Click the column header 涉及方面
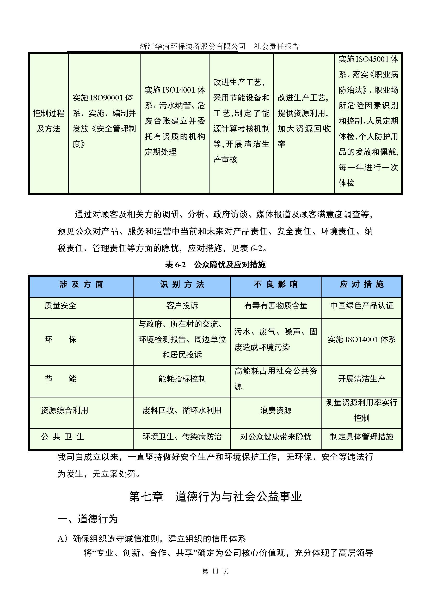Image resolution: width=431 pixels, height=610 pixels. coord(81,284)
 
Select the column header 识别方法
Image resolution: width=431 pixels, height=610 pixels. coord(182,284)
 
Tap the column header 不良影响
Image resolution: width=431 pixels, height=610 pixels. coord(276,284)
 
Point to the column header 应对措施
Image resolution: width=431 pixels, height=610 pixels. coord(361,284)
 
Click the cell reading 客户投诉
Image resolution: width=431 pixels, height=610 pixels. coord(182,306)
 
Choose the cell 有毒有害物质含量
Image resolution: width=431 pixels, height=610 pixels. coord(276,306)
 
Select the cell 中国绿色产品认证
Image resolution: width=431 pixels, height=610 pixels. coord(361,306)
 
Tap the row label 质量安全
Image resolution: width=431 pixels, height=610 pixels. coord(60,306)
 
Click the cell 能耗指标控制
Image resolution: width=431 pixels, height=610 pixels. coord(182,379)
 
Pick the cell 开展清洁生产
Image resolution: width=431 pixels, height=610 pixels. coord(361,379)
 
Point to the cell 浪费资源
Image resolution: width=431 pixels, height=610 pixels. coord(276,410)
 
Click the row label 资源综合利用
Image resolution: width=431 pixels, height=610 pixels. coord(64,410)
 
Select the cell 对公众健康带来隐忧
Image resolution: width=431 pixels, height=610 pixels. coord(276,437)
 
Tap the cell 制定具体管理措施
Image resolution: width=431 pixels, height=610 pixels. coord(361,437)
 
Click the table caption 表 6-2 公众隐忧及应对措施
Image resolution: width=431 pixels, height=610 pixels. coord(215,264)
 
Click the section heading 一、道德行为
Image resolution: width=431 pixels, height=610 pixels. coord(88,519)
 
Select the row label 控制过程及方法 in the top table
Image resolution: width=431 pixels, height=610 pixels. coord(49,121)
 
